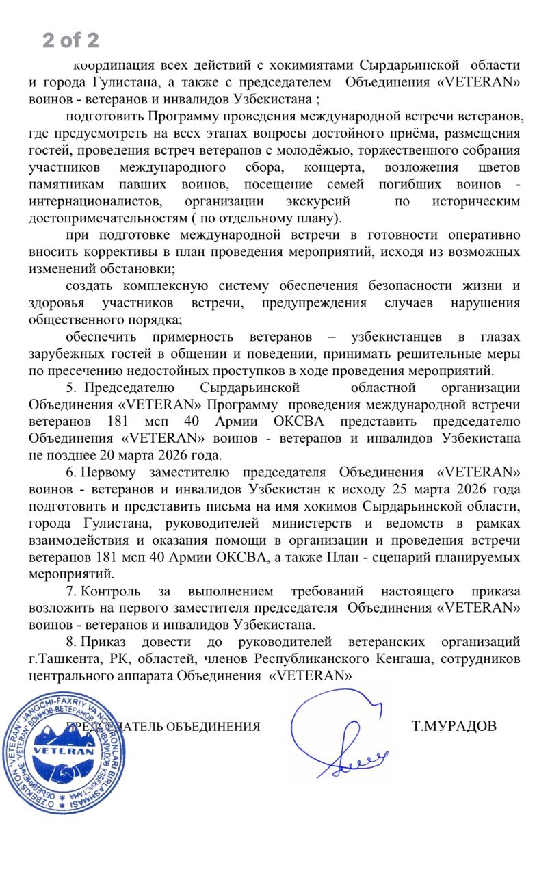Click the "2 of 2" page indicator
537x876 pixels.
coord(70,40)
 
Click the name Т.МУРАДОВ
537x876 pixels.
coord(454,726)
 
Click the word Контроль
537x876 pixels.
coord(111,591)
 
